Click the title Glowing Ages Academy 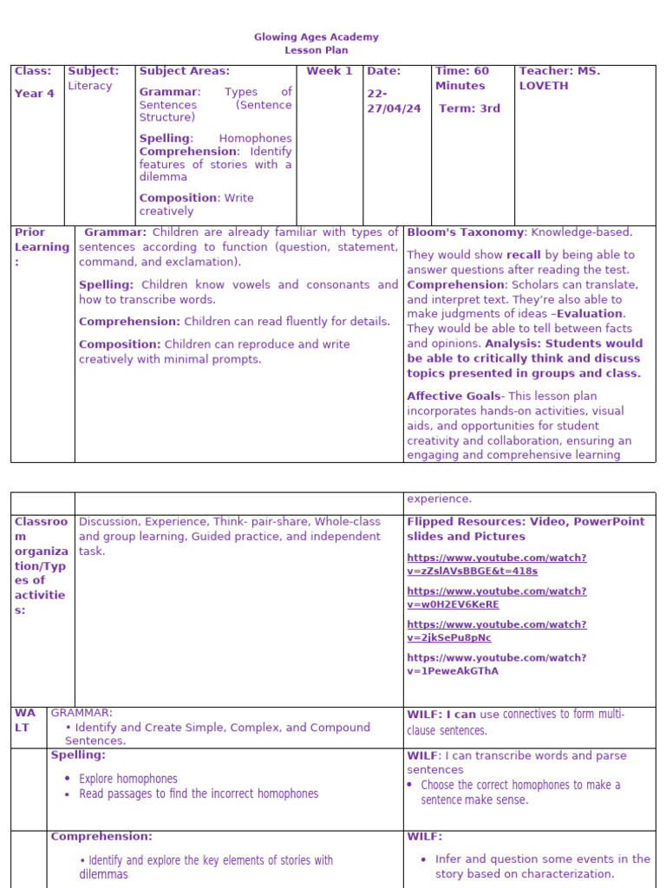pos(316,37)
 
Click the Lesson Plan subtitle pos(316,50)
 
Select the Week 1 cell pos(330,71)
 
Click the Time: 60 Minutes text pos(461,78)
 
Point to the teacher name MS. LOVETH pos(559,78)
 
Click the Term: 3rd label pos(469,108)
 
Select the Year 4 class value pos(35,94)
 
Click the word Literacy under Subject pos(90,86)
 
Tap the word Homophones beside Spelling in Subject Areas pos(255,138)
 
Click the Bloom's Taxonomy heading pos(466,232)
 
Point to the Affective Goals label pos(454,396)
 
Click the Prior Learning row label pos(41,247)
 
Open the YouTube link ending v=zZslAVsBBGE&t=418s pos(496,565)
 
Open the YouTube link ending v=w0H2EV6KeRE pos(496,597)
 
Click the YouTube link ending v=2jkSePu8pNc pos(496,630)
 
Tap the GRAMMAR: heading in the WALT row pos(82,713)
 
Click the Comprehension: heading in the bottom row pos(101,837)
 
